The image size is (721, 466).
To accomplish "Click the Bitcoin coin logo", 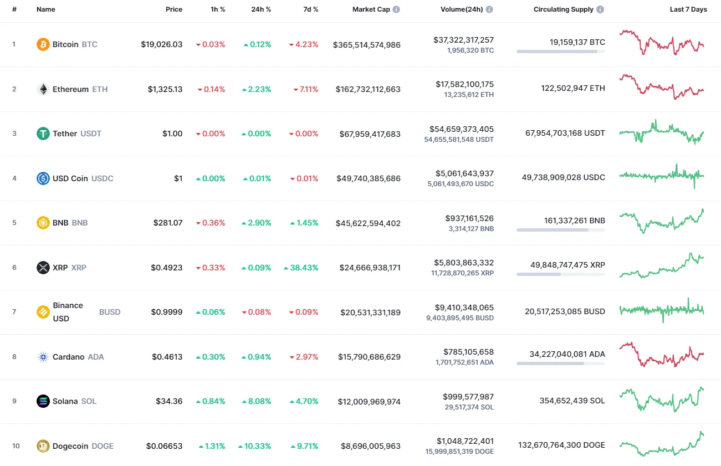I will (43, 44).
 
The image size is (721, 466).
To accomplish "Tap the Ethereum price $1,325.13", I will (165, 89).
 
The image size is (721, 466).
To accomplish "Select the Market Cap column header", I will (371, 9).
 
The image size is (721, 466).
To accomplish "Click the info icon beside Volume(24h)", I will (489, 9).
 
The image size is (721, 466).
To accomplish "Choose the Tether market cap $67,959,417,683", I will (368, 134).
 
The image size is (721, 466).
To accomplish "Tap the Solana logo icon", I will (43, 401).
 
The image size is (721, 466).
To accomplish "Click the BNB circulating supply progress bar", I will (560, 229).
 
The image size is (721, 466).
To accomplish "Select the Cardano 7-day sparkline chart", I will (662, 355).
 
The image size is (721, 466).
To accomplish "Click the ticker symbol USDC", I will (102, 178).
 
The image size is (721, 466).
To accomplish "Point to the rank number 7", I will (14, 312).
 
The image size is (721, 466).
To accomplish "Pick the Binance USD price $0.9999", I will (167, 312).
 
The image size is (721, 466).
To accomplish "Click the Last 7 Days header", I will (688, 9).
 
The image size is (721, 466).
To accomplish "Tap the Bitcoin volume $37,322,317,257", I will (463, 40).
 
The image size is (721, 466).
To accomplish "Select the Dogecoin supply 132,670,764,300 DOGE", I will (561, 445).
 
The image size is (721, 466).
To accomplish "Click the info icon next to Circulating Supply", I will (600, 9).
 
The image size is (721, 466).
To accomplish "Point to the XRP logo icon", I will (43, 268).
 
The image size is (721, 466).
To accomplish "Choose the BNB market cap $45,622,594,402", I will (368, 223).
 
